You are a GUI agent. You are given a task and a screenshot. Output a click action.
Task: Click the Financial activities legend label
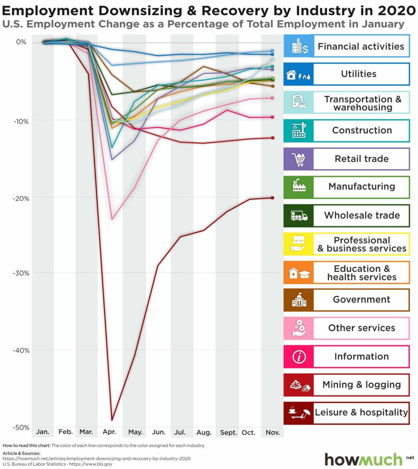361,47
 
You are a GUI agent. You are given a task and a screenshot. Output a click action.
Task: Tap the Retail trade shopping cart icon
298,159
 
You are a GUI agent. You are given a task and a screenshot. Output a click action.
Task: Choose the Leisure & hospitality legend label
361,413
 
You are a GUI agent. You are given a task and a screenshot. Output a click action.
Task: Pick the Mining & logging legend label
361,385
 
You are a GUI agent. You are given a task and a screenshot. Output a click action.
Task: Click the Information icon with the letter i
299,356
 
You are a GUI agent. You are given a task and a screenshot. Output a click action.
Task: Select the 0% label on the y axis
21,42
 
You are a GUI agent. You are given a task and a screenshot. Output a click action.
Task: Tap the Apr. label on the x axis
109,432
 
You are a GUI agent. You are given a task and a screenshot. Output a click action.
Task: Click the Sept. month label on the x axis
228,432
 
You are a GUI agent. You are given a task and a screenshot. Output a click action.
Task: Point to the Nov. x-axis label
273,432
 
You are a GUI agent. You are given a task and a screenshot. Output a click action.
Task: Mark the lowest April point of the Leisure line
112,420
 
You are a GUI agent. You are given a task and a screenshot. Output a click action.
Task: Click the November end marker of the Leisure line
273,198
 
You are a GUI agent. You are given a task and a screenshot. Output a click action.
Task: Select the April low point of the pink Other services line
112,219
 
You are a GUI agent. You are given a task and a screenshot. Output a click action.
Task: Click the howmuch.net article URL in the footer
97,458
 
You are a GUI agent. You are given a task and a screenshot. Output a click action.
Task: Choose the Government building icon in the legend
299,300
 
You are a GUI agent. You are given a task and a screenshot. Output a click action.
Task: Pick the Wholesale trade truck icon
299,216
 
